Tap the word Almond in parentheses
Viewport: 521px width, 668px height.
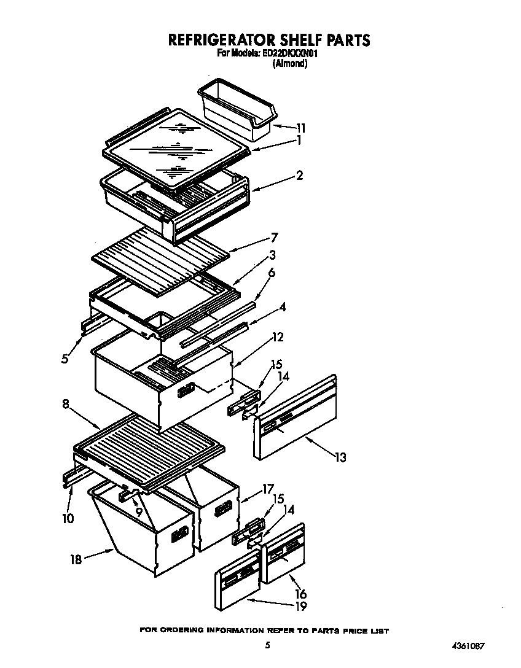coord(289,63)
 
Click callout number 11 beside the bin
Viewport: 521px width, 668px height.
coord(300,128)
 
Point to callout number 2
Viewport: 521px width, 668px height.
coord(299,176)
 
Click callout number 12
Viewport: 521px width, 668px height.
coord(278,336)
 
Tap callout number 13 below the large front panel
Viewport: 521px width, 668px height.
coord(340,457)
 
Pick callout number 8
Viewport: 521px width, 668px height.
coord(66,405)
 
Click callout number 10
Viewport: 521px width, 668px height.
coord(68,519)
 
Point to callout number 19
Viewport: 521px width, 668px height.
coord(300,607)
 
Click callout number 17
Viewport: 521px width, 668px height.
coord(267,489)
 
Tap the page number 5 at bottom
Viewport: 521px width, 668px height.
coord(267,645)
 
